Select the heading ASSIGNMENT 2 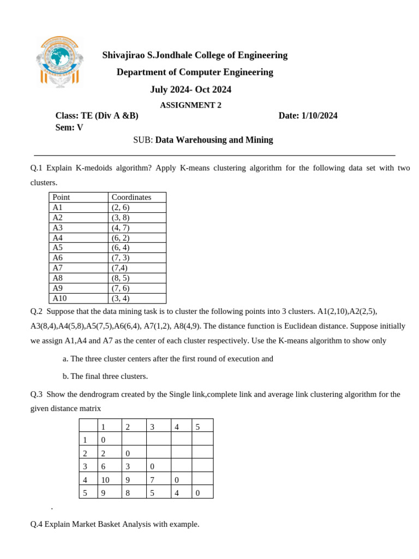coord(190,105)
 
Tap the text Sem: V coord(69,128)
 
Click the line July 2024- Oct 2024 coord(190,90)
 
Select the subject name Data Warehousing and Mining coord(214,140)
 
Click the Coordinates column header coord(131,197)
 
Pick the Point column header coord(62,197)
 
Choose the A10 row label coord(59,298)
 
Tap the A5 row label coord(58,247)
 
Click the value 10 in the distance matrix coord(105,479)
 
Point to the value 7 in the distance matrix coord(152,479)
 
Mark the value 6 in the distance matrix coord(103,466)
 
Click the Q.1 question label coord(40,168)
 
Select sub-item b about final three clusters coord(105,376)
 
